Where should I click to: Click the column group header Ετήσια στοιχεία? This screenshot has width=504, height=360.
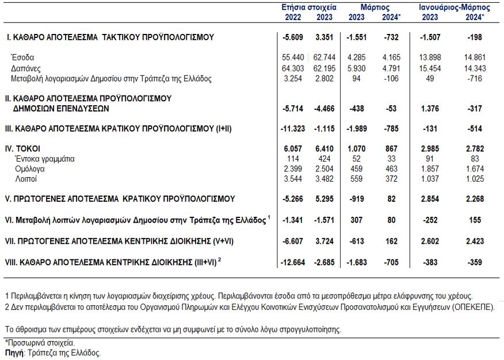click(x=308, y=7)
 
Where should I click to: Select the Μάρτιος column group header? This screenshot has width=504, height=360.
click(x=375, y=7)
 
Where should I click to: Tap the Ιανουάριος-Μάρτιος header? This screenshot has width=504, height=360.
click(x=455, y=7)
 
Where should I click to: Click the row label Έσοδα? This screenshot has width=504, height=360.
click(x=22, y=58)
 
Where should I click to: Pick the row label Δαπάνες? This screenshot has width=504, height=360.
click(x=26, y=68)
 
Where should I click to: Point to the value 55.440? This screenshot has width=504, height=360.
click(x=293, y=58)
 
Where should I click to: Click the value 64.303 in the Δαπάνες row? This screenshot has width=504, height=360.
click(x=293, y=68)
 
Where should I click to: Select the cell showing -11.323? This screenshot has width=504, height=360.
click(x=292, y=129)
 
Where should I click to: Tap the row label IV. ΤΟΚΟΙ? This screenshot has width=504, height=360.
click(x=22, y=149)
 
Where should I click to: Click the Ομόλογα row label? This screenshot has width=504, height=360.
click(x=30, y=169)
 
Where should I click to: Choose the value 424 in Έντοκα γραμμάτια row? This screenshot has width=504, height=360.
click(x=324, y=159)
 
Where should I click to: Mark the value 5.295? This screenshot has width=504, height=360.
click(x=324, y=199)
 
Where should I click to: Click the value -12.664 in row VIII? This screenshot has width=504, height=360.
click(x=292, y=262)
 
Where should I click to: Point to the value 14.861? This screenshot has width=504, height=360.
click(x=475, y=58)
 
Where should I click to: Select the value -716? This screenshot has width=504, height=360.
click(x=475, y=79)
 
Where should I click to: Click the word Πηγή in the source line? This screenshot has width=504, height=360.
click(x=14, y=353)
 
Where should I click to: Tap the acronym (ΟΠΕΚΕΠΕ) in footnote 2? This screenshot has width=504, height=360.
click(x=473, y=307)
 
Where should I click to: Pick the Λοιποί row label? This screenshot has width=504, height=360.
click(x=26, y=179)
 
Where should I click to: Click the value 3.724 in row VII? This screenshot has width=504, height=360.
click(x=324, y=241)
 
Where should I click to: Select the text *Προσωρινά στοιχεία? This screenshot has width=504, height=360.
click(x=40, y=343)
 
